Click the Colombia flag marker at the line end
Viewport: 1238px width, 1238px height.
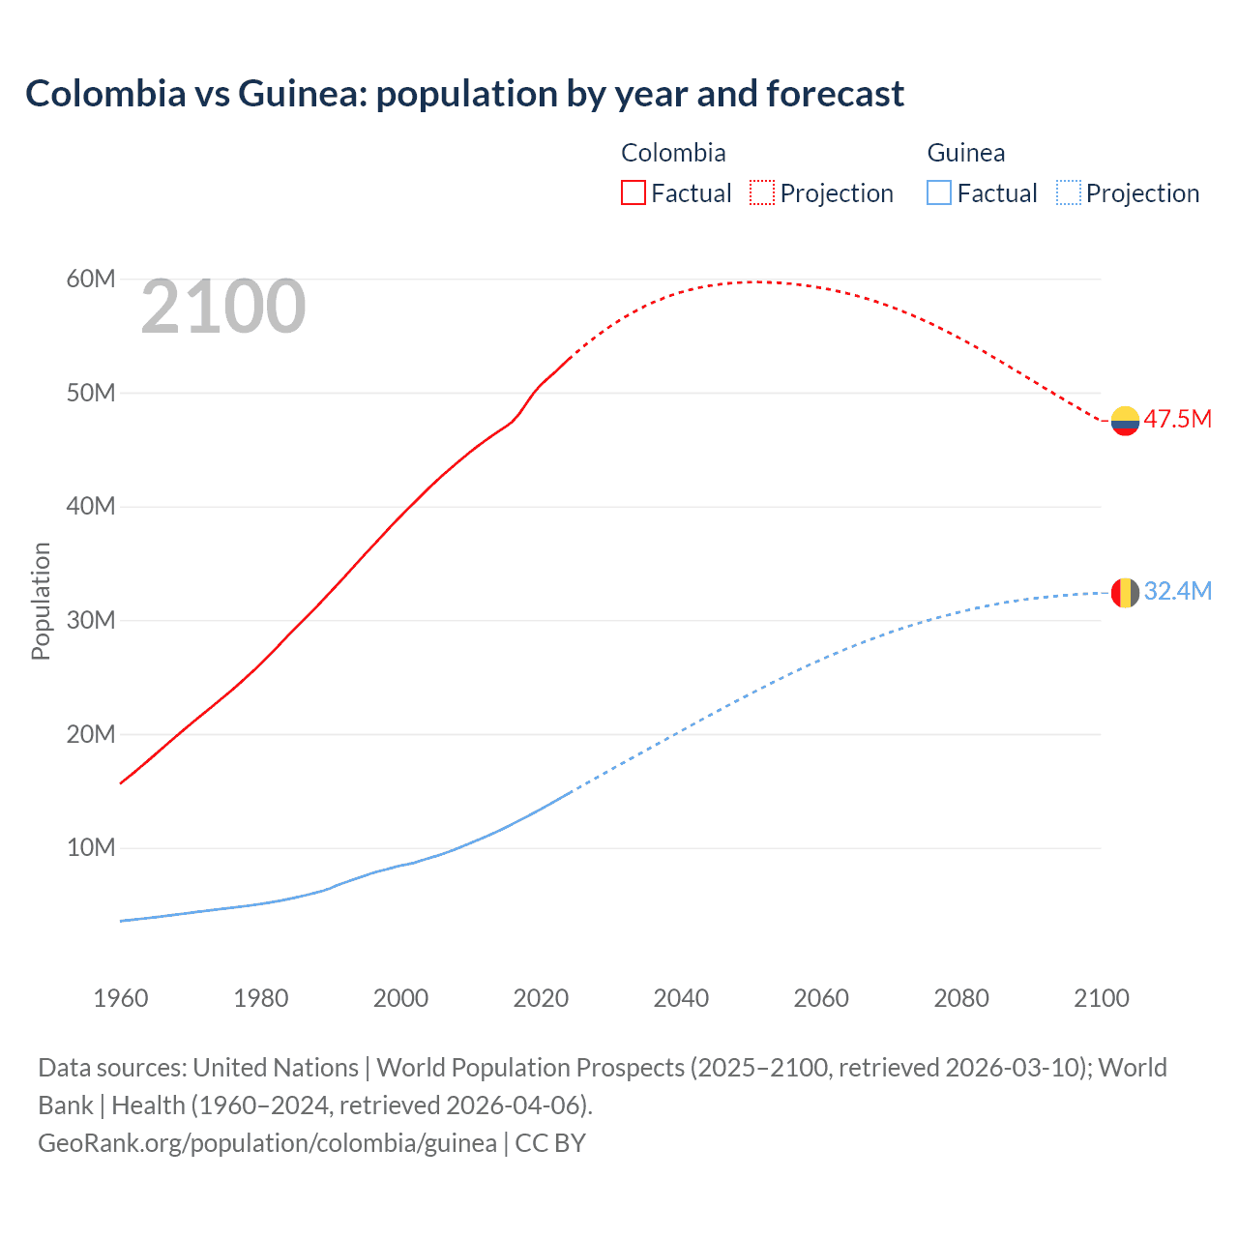pyautogui.click(x=1125, y=421)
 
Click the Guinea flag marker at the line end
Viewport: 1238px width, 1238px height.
pyautogui.click(x=1125, y=592)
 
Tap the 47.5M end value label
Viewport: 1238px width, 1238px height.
pyautogui.click(x=1177, y=420)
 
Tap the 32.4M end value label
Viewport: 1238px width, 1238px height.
pyautogui.click(x=1177, y=591)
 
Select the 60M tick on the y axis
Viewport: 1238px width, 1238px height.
pyautogui.click(x=91, y=280)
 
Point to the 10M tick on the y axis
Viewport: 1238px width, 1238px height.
pyautogui.click(x=91, y=848)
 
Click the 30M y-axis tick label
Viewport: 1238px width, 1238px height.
pyautogui.click(x=91, y=620)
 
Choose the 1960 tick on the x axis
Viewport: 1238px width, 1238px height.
pyautogui.click(x=121, y=998)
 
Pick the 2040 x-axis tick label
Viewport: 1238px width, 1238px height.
pyautogui.click(x=681, y=998)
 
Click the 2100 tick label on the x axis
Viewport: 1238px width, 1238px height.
pyautogui.click(x=1101, y=998)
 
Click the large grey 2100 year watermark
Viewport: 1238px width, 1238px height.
pyautogui.click(x=223, y=308)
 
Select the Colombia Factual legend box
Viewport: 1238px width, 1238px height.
pyautogui.click(x=633, y=192)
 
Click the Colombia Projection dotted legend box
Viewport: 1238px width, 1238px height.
pyautogui.click(x=762, y=192)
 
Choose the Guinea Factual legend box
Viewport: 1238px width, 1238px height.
pyautogui.click(x=939, y=192)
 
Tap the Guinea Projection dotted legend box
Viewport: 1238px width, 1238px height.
pyautogui.click(x=1069, y=192)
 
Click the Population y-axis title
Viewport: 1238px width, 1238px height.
pyautogui.click(x=41, y=601)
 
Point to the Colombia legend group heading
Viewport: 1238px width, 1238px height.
pyautogui.click(x=673, y=153)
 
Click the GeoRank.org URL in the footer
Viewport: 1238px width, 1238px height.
pyautogui.click(x=267, y=1143)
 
